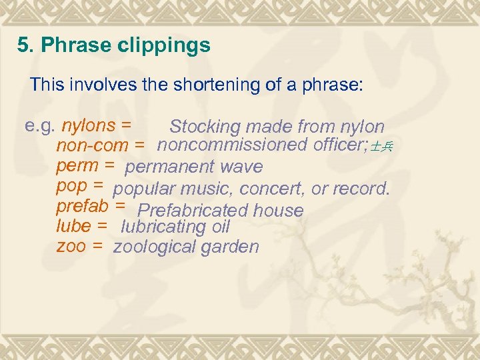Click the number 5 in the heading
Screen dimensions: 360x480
[x=24, y=46]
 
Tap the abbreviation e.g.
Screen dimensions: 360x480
[x=41, y=125]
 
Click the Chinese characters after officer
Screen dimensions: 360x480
[x=383, y=147]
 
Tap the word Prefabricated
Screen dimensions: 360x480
[x=195, y=211]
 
